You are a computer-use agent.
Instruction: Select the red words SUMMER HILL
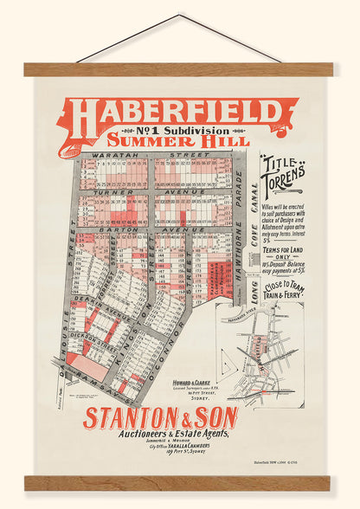tap(179, 140)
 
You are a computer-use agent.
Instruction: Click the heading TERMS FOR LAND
tap(284, 242)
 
